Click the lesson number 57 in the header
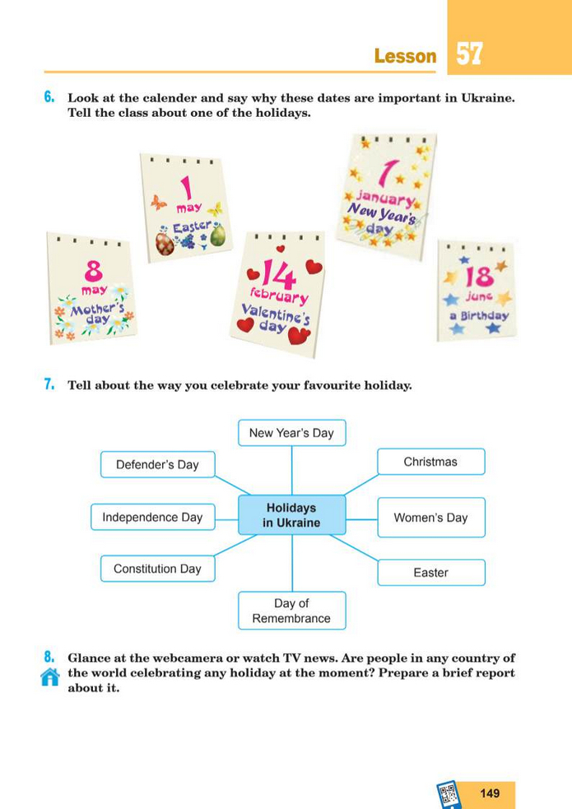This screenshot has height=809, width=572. (x=468, y=54)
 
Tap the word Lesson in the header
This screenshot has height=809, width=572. (x=405, y=56)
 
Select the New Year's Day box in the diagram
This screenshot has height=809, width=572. (x=291, y=433)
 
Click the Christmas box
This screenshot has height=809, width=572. (x=430, y=462)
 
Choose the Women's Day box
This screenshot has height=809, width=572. (x=430, y=518)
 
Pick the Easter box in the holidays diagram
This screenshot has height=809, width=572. (x=430, y=572)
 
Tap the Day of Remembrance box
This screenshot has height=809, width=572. (x=291, y=611)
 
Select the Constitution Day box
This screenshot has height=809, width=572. (x=157, y=569)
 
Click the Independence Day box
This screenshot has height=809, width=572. (x=152, y=518)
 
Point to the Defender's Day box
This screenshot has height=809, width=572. (x=157, y=464)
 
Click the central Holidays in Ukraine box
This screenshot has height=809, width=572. (x=291, y=516)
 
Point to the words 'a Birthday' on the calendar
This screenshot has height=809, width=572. (x=479, y=315)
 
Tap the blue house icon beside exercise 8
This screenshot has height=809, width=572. (x=50, y=676)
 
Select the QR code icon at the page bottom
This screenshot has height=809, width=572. (x=449, y=793)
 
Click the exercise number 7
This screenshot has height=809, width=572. (x=49, y=384)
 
